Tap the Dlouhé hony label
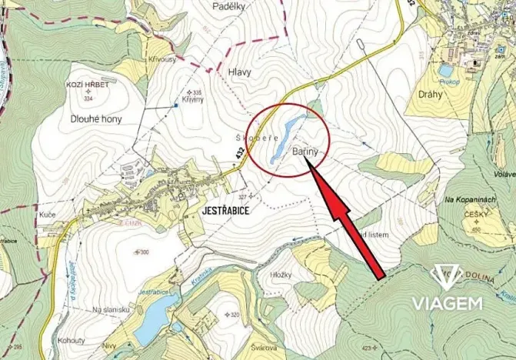pyautogui.click(x=96, y=119)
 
